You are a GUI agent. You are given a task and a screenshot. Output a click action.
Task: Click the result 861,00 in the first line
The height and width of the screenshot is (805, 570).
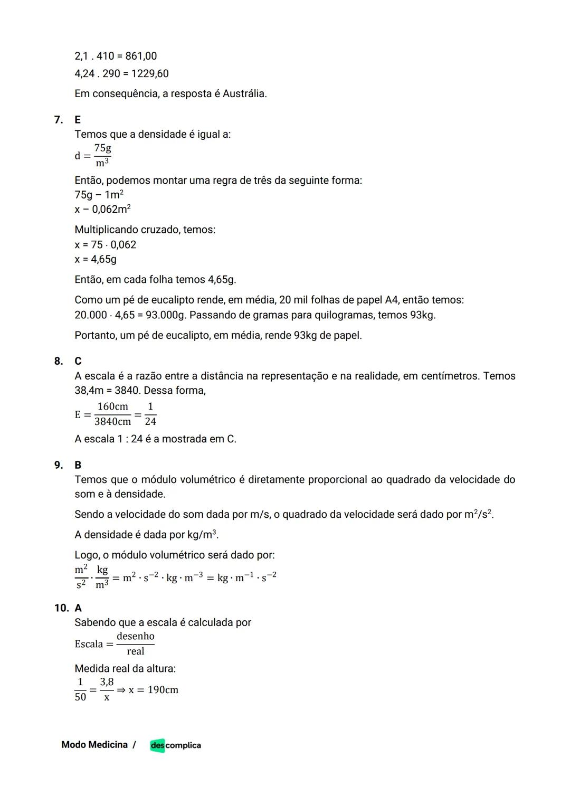pos(141,56)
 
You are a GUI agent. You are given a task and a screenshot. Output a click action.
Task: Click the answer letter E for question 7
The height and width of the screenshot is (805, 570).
pos(78,120)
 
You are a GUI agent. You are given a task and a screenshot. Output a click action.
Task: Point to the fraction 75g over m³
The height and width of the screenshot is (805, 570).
pos(103,156)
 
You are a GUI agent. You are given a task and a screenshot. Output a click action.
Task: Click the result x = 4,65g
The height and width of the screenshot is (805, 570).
pos(96,259)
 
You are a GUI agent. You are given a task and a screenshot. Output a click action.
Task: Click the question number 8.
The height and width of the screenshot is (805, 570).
pos(59,361)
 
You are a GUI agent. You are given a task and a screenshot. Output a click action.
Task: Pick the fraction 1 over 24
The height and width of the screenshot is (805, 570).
pos(150,414)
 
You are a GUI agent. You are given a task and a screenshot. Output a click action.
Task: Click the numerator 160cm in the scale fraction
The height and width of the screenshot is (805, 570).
pos(113,406)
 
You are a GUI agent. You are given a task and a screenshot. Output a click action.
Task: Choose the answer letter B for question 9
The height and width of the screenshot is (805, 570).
pos(78,465)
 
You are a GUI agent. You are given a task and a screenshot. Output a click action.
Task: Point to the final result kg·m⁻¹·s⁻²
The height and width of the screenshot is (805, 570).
pos(247,577)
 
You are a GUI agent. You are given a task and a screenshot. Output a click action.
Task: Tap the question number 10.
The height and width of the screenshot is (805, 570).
pos(61,608)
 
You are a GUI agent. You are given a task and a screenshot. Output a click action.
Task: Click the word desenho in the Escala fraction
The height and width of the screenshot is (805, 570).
pos(136,636)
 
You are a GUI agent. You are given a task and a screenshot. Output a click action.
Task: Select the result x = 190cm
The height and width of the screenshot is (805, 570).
pos(153,690)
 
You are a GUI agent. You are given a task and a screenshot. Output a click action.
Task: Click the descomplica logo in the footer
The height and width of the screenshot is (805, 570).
pos(175,745)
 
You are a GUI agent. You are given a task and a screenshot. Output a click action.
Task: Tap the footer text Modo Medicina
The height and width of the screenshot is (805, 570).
pos(94,745)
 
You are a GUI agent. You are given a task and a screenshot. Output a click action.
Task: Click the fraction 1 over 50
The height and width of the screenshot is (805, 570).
pos(80,690)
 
